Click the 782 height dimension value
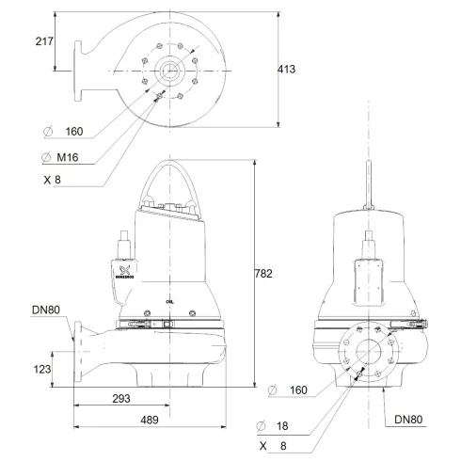click(x=264, y=274)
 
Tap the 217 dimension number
click(x=42, y=42)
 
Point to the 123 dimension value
click(x=41, y=369)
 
